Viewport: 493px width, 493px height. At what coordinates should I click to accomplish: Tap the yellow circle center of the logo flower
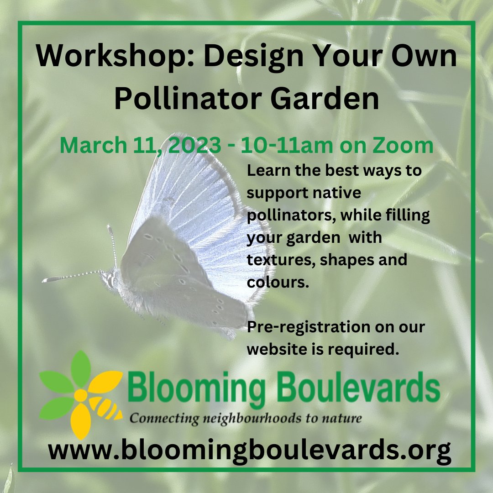[x=80, y=395]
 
